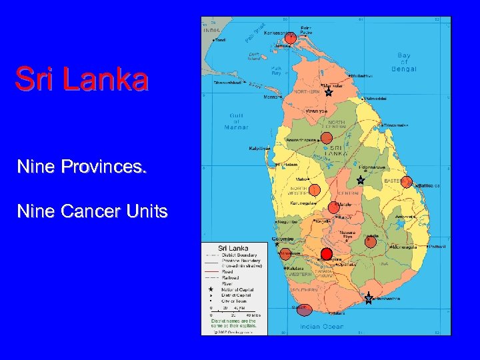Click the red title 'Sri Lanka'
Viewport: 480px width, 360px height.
click(x=82, y=79)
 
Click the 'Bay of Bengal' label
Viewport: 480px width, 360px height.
click(x=404, y=62)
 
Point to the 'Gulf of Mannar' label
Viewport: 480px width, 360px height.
click(x=236, y=121)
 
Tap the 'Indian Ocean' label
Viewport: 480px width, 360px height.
click(x=321, y=326)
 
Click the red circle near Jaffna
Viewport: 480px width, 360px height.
click(x=289, y=39)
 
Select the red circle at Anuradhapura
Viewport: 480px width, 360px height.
click(x=326, y=138)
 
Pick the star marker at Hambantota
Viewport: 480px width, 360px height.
click(x=369, y=299)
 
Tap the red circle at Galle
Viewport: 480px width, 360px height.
click(x=304, y=309)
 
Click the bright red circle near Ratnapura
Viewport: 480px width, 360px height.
click(x=326, y=253)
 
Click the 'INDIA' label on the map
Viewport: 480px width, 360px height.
click(x=211, y=30)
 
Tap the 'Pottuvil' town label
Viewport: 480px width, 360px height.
click(x=437, y=247)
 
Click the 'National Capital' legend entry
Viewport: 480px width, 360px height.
click(x=233, y=289)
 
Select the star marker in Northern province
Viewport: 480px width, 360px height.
click(x=328, y=92)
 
